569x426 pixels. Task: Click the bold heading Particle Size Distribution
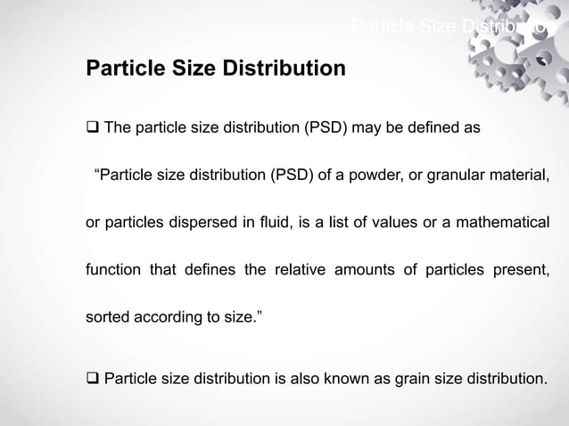215,68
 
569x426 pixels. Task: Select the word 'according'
169,317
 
